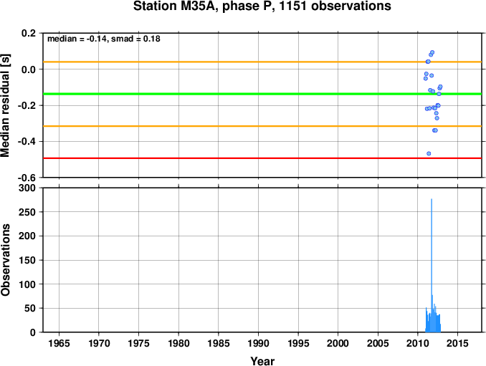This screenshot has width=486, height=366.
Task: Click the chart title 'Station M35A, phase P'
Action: point(262,7)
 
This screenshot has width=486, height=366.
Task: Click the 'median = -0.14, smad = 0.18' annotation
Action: point(103,39)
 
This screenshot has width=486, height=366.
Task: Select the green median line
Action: point(215,94)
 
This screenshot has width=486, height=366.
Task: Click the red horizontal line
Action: point(215,158)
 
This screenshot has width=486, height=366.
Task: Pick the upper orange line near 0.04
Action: point(215,62)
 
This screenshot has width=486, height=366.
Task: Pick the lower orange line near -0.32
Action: point(215,127)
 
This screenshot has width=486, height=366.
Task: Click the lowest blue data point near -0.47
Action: point(429,153)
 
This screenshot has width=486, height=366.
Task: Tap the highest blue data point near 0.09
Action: point(432,52)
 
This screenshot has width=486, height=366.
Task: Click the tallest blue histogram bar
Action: point(431,265)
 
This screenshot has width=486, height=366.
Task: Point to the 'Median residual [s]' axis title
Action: point(7,105)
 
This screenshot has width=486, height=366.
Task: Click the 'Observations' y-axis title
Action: point(7,260)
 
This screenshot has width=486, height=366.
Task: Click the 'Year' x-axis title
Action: point(262,361)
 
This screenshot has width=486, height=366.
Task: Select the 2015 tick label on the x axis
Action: point(458,344)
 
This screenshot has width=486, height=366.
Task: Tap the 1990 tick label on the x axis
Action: point(259,344)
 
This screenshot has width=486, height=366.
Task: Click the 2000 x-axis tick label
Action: point(338,344)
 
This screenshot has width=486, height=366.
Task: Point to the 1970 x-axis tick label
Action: point(99,344)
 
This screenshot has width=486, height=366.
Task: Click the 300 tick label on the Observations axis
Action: point(27,188)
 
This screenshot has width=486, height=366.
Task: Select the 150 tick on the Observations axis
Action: point(27,261)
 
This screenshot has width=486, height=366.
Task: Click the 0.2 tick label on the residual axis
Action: point(29,34)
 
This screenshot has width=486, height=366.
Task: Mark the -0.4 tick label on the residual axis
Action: point(27,142)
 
